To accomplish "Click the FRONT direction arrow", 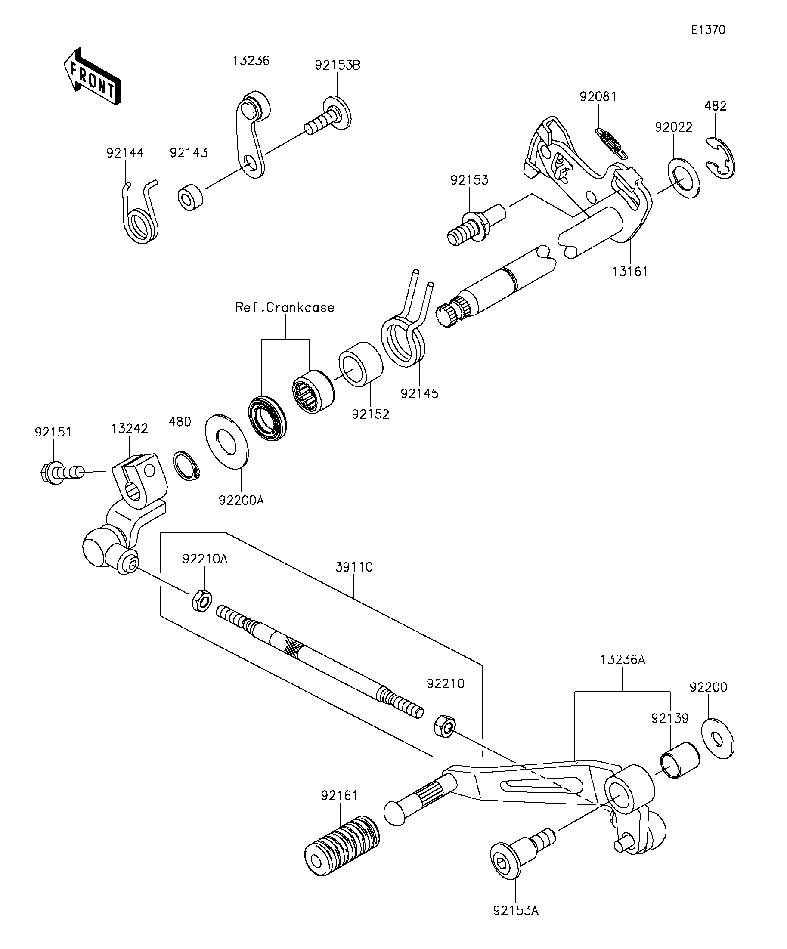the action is click(x=92, y=76).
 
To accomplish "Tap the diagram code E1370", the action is click(x=708, y=30).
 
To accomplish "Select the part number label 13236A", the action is click(x=623, y=660).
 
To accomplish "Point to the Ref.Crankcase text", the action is click(x=285, y=307).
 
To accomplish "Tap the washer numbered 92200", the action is click(x=718, y=738).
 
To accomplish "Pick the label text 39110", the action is click(x=354, y=567).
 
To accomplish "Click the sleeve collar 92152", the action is click(x=361, y=364).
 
